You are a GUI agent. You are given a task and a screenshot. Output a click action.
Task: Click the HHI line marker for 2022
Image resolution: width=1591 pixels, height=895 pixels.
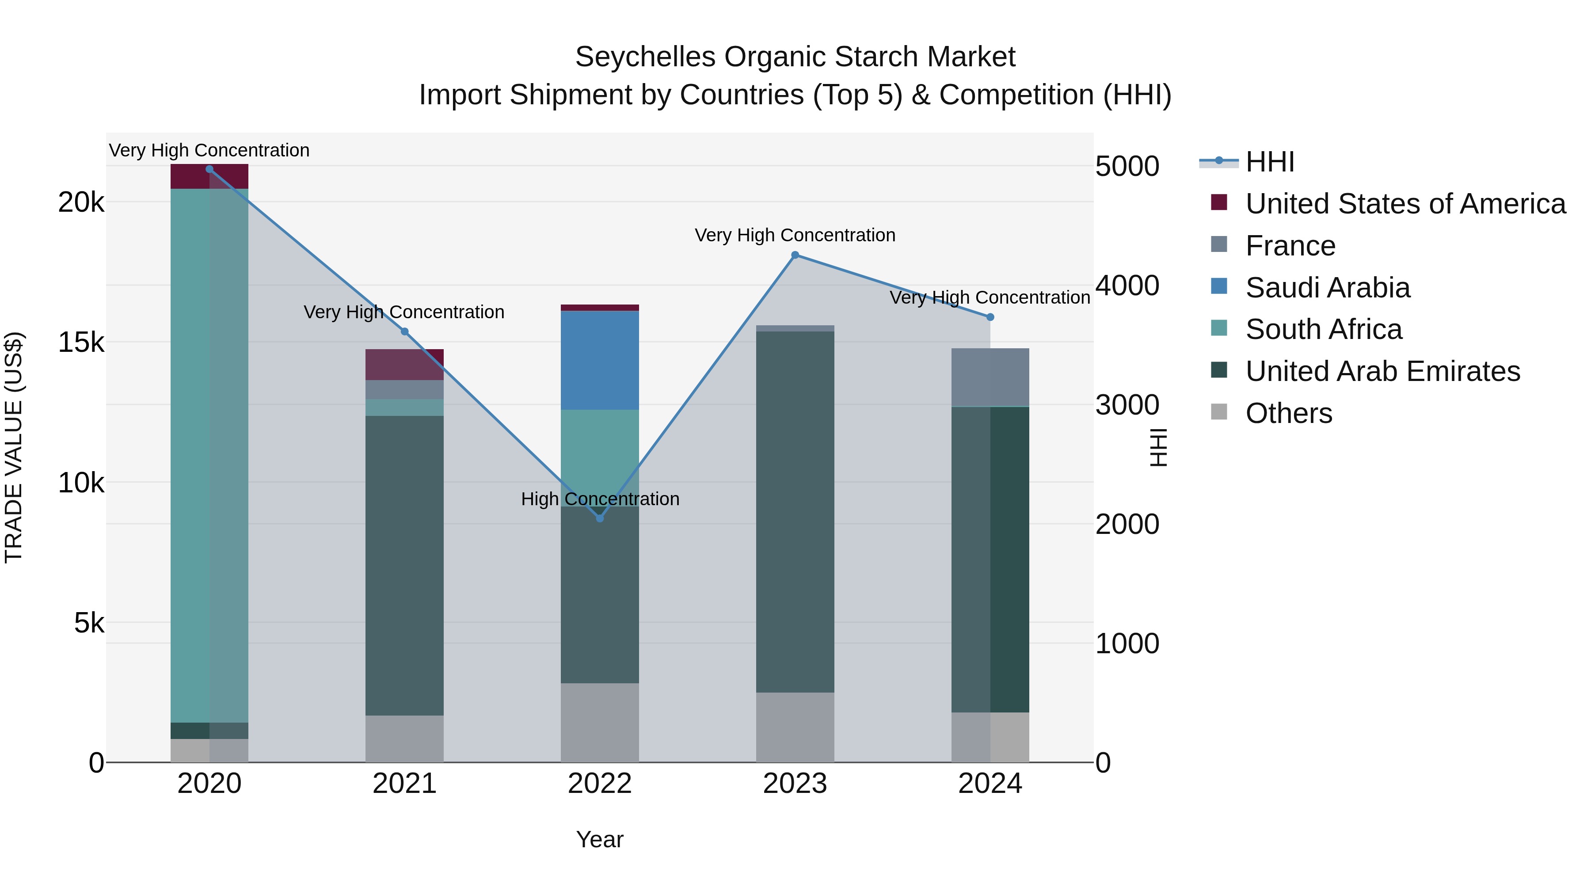pos(599,518)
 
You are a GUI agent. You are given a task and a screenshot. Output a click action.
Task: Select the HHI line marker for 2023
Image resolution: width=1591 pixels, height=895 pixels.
pos(795,255)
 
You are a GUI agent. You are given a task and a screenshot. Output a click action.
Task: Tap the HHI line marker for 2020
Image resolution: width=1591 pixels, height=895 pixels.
pos(209,169)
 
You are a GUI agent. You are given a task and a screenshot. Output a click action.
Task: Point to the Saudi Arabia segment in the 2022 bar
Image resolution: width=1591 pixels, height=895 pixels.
pos(599,360)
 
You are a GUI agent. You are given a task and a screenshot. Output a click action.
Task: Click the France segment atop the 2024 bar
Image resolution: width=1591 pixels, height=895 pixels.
pos(990,377)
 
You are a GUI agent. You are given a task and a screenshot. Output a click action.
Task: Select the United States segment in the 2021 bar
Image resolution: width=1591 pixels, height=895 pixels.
pos(404,365)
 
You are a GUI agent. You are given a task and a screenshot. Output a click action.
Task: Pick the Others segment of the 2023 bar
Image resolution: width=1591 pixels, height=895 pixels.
pos(795,727)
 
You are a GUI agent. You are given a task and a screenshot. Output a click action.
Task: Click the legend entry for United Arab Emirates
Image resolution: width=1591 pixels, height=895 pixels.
pos(1382,371)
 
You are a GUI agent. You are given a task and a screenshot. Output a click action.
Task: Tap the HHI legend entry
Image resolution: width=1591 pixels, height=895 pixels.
pos(1269,162)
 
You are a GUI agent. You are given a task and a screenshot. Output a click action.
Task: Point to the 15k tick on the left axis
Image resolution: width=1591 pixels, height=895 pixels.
pos(81,342)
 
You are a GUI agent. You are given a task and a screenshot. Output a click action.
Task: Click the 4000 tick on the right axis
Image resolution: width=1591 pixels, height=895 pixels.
pos(1127,286)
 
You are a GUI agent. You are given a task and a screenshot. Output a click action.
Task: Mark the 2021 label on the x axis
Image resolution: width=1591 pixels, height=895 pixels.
pos(404,784)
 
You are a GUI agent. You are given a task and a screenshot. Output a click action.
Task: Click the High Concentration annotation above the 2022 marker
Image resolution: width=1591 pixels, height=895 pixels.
pos(600,499)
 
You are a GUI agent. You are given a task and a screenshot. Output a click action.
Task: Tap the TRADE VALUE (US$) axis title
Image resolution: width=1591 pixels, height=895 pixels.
pos(14,447)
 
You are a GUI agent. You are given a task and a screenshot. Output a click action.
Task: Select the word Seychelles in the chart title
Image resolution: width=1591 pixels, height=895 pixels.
pos(645,57)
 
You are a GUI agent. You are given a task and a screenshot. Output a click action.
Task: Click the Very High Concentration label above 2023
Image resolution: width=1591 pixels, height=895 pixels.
pos(795,235)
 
